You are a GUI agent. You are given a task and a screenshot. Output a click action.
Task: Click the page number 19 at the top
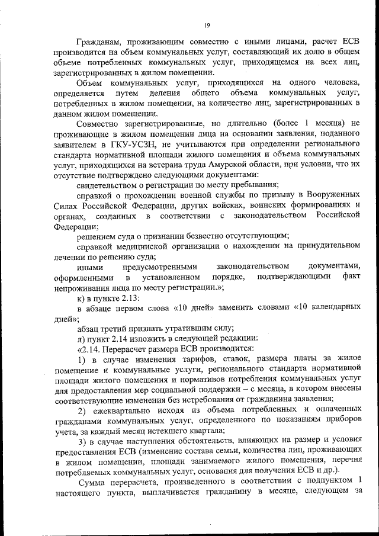coord(207,24)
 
